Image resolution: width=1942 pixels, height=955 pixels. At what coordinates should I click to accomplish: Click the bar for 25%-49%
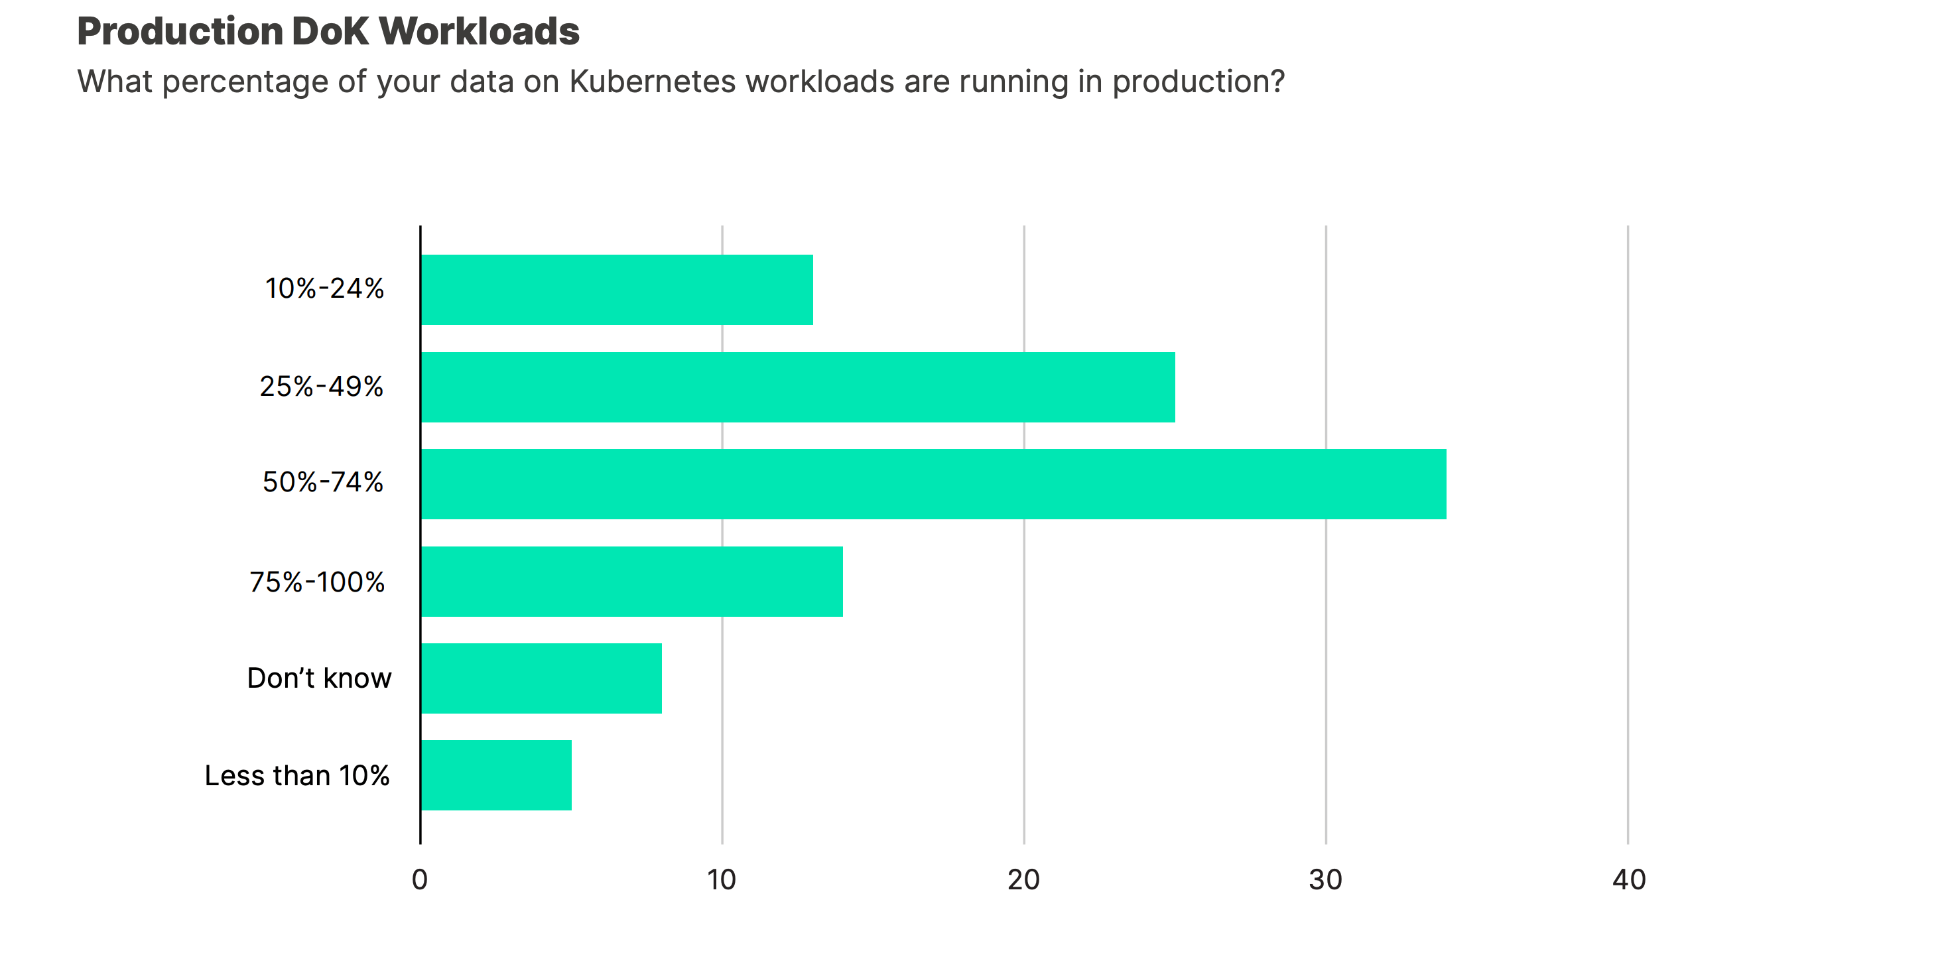pyautogui.click(x=798, y=387)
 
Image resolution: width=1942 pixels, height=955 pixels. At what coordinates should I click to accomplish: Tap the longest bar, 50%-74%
pyautogui.click(x=933, y=484)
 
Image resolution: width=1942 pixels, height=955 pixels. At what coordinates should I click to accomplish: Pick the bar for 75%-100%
pyautogui.click(x=632, y=581)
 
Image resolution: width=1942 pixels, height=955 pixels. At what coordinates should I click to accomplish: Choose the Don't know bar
pyautogui.click(x=541, y=678)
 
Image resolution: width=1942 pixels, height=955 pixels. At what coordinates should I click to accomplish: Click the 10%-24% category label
pyautogui.click(x=324, y=288)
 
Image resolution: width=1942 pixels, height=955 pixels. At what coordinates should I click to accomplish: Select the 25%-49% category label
pyautogui.click(x=321, y=387)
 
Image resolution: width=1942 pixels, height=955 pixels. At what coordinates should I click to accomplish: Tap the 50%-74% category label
pyautogui.click(x=322, y=482)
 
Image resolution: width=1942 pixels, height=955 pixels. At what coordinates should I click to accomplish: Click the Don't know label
pyautogui.click(x=319, y=678)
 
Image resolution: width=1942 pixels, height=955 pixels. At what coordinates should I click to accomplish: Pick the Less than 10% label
pyautogui.click(x=297, y=776)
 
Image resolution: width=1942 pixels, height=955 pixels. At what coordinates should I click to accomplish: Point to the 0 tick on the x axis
pyautogui.click(x=420, y=879)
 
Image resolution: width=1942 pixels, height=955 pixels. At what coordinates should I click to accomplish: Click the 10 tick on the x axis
pyautogui.click(x=722, y=879)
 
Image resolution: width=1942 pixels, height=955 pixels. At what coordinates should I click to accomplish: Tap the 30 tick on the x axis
pyautogui.click(x=1325, y=879)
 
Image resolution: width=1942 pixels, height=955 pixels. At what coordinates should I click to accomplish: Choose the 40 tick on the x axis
pyautogui.click(x=1628, y=879)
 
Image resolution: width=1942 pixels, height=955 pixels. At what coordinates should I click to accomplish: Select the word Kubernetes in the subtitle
pyautogui.click(x=652, y=82)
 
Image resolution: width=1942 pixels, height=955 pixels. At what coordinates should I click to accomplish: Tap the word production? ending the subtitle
pyautogui.click(x=1198, y=82)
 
